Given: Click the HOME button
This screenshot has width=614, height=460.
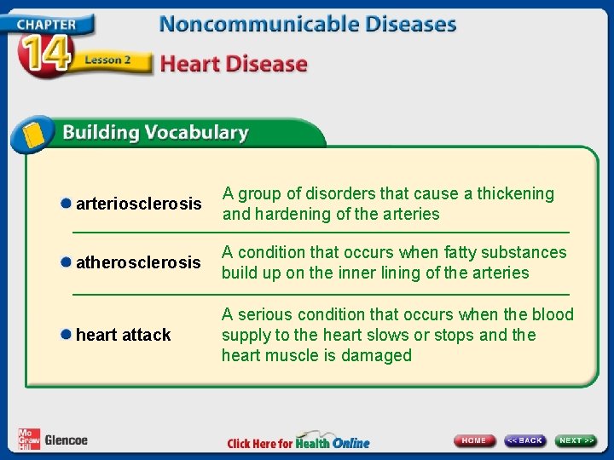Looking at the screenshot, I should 474,440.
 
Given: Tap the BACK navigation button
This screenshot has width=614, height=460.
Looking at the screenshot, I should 524,440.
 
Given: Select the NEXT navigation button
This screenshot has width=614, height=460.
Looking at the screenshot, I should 576,440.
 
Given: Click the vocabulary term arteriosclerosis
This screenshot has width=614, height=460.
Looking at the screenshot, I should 139,204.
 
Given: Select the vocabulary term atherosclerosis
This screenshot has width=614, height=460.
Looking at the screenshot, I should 139,263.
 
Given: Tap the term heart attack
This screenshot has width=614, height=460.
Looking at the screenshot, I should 124,335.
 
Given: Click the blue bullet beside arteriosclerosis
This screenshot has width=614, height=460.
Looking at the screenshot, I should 66,204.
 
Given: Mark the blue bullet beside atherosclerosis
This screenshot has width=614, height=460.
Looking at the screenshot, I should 66,263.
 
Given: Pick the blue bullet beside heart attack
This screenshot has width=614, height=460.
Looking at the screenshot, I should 66,335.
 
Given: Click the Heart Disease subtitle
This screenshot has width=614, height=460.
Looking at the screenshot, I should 234,64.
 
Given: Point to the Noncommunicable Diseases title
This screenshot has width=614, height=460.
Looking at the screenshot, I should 308,23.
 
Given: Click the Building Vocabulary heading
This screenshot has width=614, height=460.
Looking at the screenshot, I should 154,133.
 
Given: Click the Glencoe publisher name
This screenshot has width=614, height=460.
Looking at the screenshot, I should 66,440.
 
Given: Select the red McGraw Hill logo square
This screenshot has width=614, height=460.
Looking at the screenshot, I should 28,438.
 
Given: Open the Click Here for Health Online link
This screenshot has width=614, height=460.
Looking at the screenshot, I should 298,442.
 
